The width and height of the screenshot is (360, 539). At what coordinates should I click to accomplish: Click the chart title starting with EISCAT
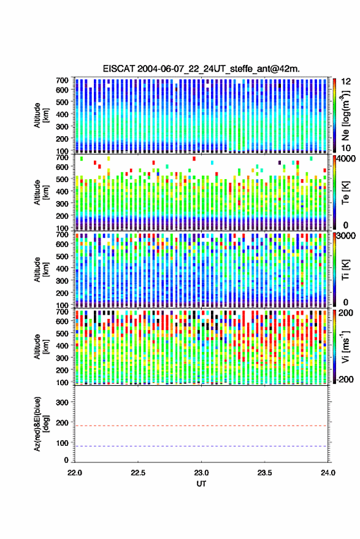coord(201,69)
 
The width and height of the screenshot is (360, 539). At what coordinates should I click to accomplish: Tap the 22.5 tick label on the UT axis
coord(138,473)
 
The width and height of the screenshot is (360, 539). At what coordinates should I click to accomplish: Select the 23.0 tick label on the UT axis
coord(201,473)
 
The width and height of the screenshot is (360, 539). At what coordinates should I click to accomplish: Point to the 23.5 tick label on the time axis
coord(264,473)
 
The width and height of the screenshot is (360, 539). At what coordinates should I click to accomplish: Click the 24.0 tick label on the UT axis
coord(327,473)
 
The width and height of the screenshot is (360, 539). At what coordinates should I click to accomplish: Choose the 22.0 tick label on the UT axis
coord(75,473)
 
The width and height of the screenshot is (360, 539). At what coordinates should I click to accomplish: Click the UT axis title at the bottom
coord(201,484)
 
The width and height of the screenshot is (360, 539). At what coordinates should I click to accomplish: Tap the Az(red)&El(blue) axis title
coord(41,424)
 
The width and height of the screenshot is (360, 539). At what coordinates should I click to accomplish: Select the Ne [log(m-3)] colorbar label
coord(345,116)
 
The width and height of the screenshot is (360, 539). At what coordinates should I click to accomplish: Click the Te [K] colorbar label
coord(345,193)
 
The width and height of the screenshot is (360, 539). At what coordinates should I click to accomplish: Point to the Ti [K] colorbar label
coord(345,270)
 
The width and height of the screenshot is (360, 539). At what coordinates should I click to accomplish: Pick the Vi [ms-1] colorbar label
coord(345,346)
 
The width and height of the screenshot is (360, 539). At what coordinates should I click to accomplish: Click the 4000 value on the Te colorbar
coord(347,159)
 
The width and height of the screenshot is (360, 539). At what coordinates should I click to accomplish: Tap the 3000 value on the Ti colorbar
coord(347,236)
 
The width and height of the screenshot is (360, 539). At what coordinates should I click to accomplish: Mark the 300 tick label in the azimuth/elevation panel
coord(62,402)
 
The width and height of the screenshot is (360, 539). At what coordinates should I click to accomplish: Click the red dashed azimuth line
coord(201,426)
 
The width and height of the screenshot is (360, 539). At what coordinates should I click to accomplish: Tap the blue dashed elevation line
coord(201,446)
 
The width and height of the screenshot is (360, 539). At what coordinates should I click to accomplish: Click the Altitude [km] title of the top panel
coord(41,115)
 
